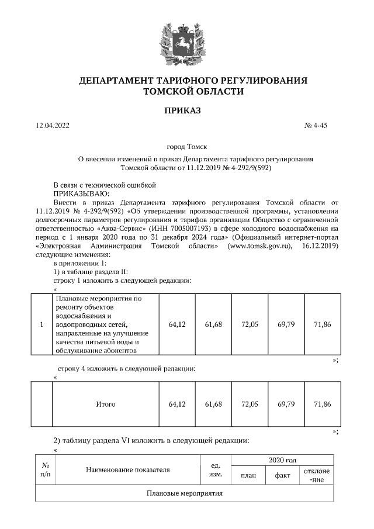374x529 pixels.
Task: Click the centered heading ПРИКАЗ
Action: pos(187,110)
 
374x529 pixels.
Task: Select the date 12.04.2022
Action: pos(53,126)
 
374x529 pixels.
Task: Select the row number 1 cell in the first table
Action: pos(41,324)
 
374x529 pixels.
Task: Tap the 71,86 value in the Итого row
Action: pos(322,404)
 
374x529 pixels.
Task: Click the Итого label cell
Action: pos(105,404)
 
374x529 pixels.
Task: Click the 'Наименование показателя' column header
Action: pos(127,469)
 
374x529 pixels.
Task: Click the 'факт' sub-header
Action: pos(282,475)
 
